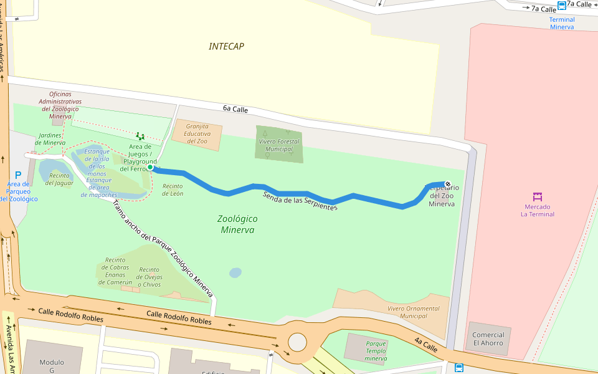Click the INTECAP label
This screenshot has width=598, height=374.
coord(226,46)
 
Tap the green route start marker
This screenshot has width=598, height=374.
coord(150,167)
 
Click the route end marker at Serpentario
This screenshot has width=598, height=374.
coord(447,184)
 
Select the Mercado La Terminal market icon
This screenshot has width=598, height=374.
coord(538,197)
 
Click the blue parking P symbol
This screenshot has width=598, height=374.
coord(18,175)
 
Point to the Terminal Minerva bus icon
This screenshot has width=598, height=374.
coord(562,6)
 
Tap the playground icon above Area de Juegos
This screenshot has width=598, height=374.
coord(140,136)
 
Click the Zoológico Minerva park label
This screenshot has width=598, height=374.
coord(237,224)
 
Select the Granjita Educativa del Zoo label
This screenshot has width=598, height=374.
coord(197,133)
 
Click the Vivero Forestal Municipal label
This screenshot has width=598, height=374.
coord(278,145)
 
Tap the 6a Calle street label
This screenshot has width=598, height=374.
coord(235,110)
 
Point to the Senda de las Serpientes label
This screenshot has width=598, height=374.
coord(300,201)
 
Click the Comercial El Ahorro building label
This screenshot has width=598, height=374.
coord(488,339)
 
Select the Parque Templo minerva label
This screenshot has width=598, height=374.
coord(376,351)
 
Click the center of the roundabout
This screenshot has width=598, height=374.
coord(298,342)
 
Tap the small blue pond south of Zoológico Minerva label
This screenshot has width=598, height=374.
coord(235,272)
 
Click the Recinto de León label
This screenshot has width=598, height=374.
coord(173,189)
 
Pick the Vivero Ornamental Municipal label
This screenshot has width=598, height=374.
coord(413,312)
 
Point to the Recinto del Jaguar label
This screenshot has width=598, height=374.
coord(59,180)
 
